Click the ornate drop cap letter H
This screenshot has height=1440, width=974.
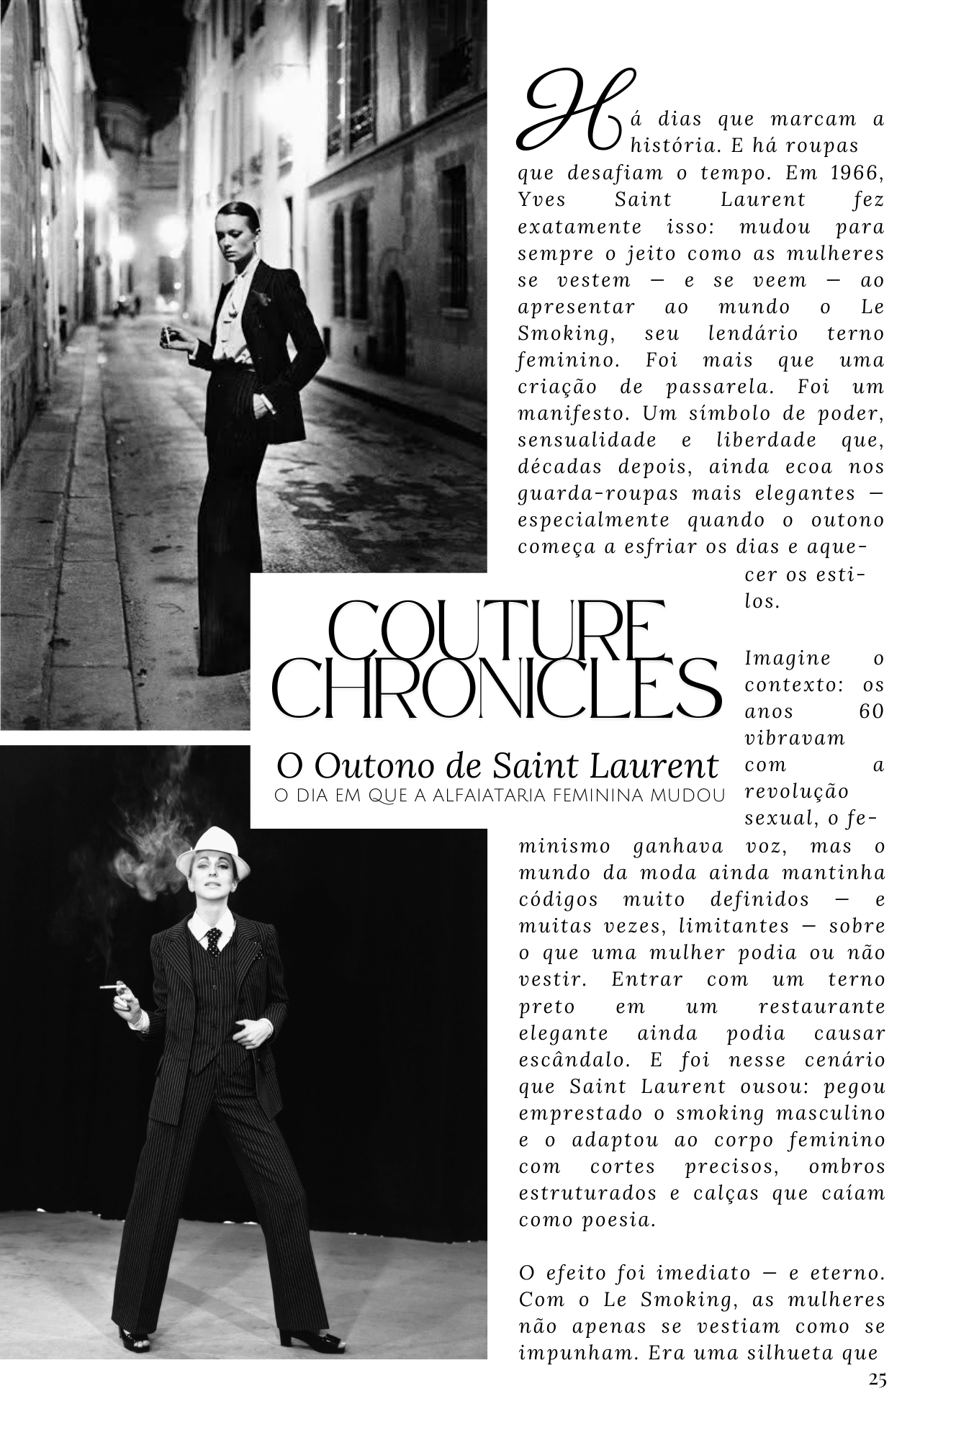pyautogui.click(x=572, y=112)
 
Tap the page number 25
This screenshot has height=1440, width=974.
pyautogui.click(x=877, y=1380)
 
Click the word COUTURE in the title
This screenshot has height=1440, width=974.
pyautogui.click(x=497, y=631)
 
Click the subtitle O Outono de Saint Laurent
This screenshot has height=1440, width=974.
pyautogui.click(x=497, y=765)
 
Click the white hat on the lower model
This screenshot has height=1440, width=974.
pyautogui.click(x=212, y=851)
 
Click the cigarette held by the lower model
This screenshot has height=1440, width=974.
pyautogui.click(x=112, y=986)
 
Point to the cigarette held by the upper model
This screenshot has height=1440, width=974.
pyautogui.click(x=167, y=335)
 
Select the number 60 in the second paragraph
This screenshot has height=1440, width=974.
pyautogui.click(x=871, y=712)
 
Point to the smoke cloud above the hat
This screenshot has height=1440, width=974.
pyautogui.click(x=151, y=850)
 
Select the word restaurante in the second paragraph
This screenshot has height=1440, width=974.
pyautogui.click(x=821, y=1007)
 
